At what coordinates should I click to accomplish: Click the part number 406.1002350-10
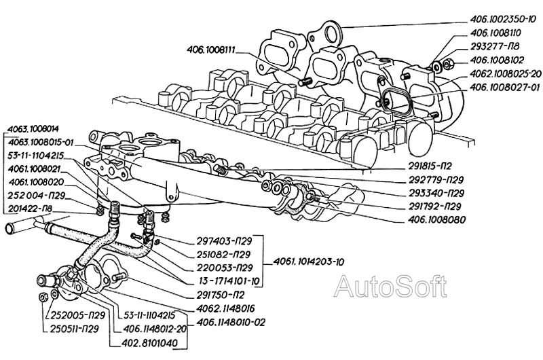tap(504, 19)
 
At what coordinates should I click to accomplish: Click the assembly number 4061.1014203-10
tap(309, 262)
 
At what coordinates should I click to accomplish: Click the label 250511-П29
tap(75, 329)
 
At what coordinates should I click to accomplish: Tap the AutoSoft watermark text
tap(390, 286)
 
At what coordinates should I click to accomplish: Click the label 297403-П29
tap(228, 241)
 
